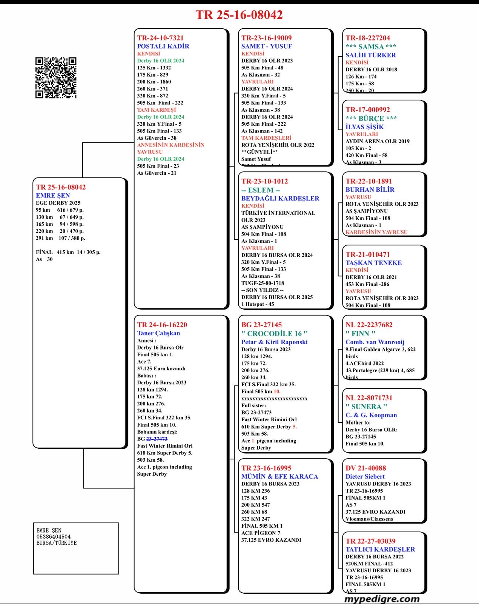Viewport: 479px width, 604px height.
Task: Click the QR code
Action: point(56,78)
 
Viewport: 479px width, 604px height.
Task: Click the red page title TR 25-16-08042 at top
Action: point(239,15)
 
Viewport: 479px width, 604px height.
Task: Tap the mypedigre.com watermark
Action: point(382,599)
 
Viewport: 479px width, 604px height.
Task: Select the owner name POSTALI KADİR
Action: point(163,46)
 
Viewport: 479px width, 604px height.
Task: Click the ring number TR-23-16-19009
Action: point(266,38)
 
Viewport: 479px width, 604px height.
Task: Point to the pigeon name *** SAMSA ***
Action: point(371,46)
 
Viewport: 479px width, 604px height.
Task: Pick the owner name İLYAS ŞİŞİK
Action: point(364,127)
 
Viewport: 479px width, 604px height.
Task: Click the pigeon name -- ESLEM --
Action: point(261,190)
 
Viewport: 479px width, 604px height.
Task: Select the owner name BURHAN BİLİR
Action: point(370,190)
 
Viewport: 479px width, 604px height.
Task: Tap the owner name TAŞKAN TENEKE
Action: point(373,263)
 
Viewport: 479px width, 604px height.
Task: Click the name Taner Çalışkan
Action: point(158,333)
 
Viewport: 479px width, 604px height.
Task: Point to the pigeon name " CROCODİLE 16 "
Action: point(275,333)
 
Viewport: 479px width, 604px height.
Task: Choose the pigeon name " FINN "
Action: point(360,333)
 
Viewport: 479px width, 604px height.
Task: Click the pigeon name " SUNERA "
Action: point(366,407)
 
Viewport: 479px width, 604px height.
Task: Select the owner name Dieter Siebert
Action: point(365,476)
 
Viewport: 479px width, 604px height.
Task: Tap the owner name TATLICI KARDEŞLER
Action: point(380,549)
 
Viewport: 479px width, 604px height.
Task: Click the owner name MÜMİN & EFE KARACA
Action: point(279,476)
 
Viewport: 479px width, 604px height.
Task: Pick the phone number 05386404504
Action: point(54,536)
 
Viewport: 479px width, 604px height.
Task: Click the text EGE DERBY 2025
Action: point(58,203)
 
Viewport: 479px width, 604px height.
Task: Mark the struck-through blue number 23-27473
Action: point(157,439)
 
